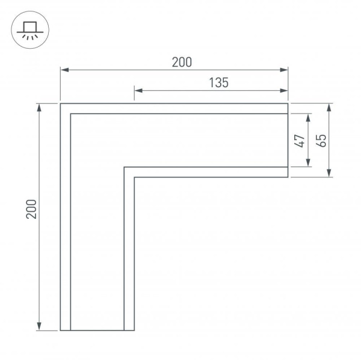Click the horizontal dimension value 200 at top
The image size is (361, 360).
[180, 61]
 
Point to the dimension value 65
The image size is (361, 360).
[322, 140]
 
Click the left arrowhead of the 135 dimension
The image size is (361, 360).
[137, 91]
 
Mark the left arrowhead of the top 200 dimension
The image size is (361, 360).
[64, 70]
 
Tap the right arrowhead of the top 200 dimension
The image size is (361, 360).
[285, 70]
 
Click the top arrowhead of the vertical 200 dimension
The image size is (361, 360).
[40, 108]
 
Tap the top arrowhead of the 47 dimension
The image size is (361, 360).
[308, 117]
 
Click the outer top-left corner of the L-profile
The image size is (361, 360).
[61, 104]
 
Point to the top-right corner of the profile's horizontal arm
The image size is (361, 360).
[288, 104]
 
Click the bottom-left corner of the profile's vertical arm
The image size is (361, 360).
[61, 331]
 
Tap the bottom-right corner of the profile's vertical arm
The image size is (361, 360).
[134, 331]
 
